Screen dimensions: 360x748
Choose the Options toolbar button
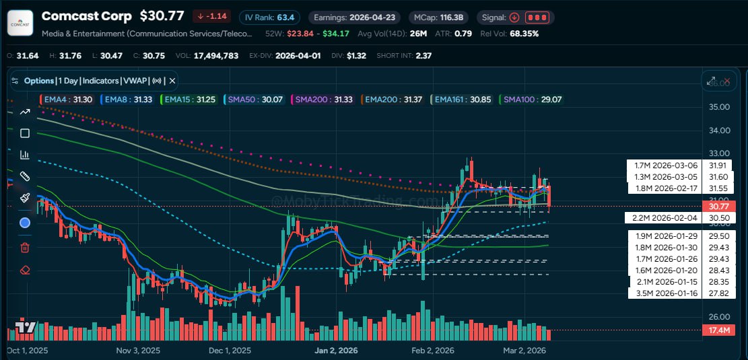point(38,81)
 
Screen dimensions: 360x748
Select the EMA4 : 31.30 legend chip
point(65,100)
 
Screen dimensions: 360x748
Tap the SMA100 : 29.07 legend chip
point(531,100)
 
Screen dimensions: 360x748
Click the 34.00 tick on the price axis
point(720,131)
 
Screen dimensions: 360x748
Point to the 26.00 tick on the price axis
point(720,316)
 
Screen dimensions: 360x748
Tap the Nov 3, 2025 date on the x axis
point(138,351)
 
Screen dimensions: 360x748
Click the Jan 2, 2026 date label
point(335,351)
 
